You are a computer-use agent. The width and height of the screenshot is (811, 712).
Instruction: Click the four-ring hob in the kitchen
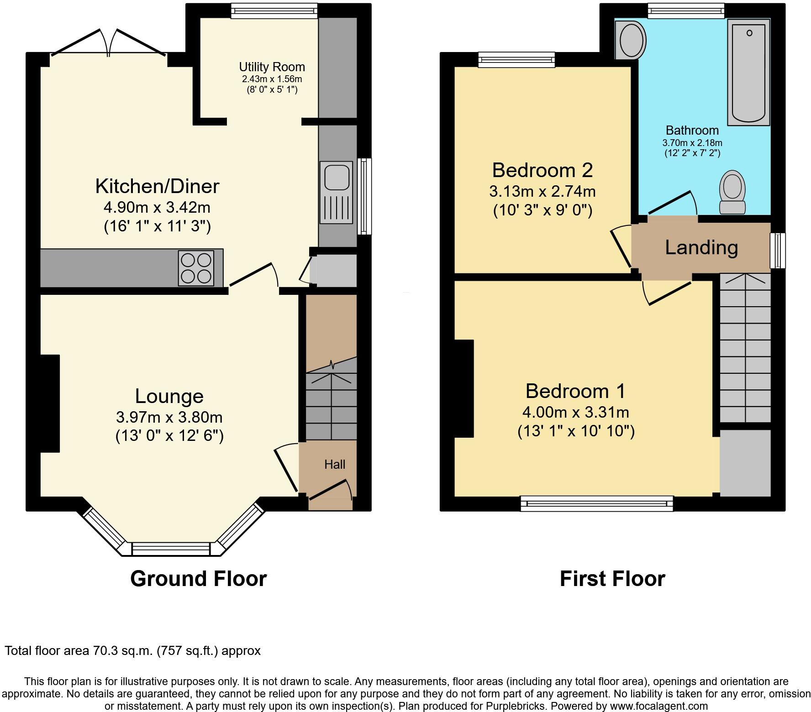[x=196, y=268]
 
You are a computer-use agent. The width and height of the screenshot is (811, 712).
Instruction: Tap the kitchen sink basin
[x=337, y=177]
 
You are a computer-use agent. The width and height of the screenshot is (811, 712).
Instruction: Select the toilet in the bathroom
[x=732, y=192]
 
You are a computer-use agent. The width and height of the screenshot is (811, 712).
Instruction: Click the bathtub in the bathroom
[x=749, y=73]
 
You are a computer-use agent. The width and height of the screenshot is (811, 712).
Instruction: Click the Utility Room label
[x=272, y=67]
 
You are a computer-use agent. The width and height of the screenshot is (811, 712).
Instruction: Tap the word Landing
[x=701, y=248]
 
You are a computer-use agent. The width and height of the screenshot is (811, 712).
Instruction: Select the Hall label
[x=334, y=465]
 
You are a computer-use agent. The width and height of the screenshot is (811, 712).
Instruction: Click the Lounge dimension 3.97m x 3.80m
[x=169, y=417]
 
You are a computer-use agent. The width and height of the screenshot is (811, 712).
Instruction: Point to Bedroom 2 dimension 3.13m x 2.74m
[x=542, y=191]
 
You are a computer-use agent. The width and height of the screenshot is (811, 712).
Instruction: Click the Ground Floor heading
[x=198, y=579]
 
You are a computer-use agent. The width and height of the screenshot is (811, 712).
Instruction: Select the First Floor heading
[x=612, y=579]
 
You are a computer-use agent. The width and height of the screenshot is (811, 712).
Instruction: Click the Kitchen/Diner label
[x=157, y=186]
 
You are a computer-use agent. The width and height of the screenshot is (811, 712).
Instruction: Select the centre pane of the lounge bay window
[x=171, y=549]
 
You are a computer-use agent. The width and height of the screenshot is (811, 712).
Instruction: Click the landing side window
[x=777, y=251]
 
